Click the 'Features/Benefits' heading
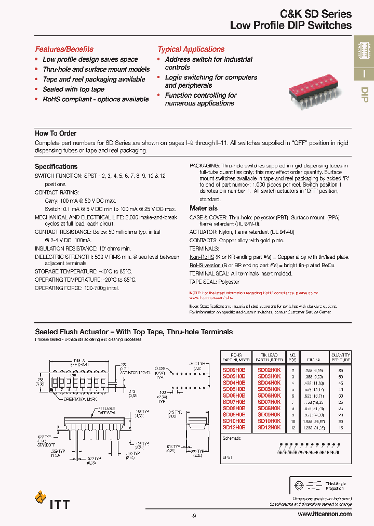(x=64, y=49)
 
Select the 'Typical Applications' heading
(x=191, y=49)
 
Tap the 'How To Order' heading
(x=56, y=134)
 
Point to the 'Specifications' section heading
(x=56, y=167)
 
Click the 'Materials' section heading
(x=204, y=208)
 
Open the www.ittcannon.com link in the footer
(x=325, y=514)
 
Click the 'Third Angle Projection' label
(x=336, y=486)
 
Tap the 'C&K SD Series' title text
(x=316, y=14)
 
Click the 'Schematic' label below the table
(x=232, y=438)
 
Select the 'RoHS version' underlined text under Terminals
(x=205, y=266)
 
